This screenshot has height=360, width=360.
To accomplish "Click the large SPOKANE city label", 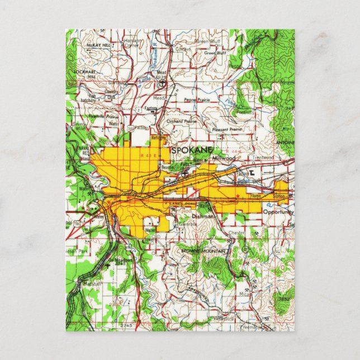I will [192, 150].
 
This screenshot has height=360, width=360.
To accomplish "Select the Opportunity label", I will [278, 212].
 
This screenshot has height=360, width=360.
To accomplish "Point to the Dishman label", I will [202, 215].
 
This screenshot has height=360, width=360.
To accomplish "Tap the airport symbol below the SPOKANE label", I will [185, 173].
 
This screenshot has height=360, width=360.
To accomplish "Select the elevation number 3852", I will [284, 300].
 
